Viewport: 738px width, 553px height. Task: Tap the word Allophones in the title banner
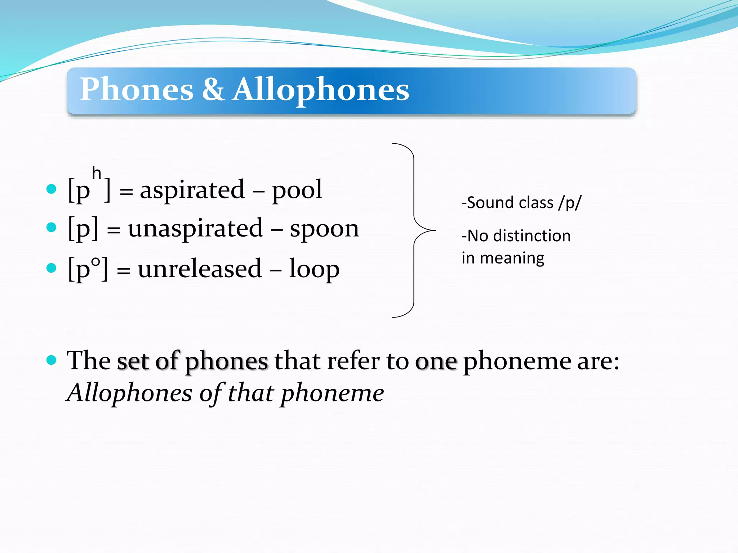click(x=321, y=90)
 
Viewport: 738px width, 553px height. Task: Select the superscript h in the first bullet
click(x=96, y=173)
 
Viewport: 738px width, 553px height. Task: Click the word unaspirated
click(x=195, y=229)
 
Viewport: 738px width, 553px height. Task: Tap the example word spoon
click(x=324, y=229)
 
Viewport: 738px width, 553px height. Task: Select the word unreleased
click(x=200, y=269)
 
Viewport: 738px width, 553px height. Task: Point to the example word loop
click(x=314, y=269)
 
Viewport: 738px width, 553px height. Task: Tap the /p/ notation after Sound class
click(x=570, y=203)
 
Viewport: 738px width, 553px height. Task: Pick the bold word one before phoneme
click(x=436, y=361)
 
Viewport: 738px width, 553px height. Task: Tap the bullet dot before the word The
click(x=52, y=360)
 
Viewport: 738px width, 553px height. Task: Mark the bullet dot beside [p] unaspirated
click(x=52, y=227)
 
